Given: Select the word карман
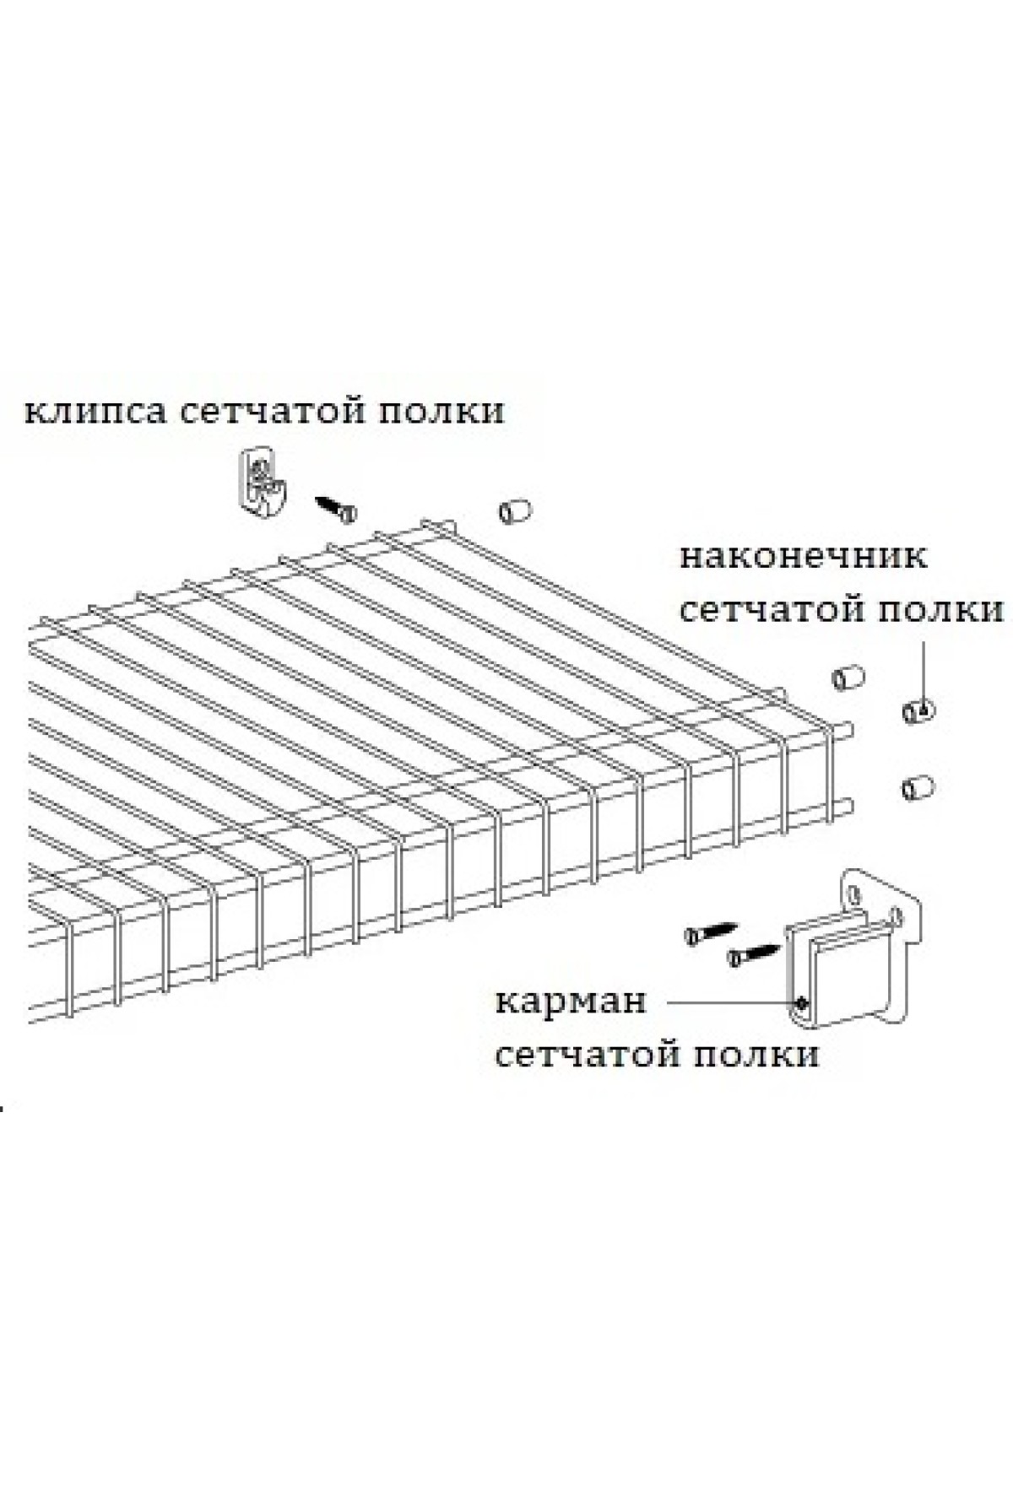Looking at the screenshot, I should [x=571, y=1002].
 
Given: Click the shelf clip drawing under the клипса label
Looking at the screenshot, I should [x=262, y=480].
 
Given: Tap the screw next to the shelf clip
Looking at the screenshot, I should [x=336, y=508].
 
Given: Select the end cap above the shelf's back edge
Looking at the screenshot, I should [x=515, y=511].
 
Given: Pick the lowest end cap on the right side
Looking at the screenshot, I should [x=916, y=788].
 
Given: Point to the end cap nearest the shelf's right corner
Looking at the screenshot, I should [x=847, y=679].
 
